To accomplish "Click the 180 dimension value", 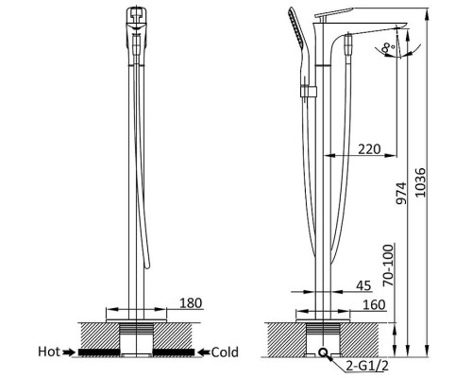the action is pos(191,303).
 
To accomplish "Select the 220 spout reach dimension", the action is pos(369,149).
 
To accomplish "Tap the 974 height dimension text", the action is pos(401,193).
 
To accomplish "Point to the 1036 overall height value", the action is pos(420,182).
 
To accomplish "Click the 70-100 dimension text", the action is pos(389,265).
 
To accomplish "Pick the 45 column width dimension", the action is pos(363,285).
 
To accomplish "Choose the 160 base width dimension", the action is pos(374,305).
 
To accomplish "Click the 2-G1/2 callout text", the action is pos(367,366).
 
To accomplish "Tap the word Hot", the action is pos(49,352).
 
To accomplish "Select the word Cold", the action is pos(225,352).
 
